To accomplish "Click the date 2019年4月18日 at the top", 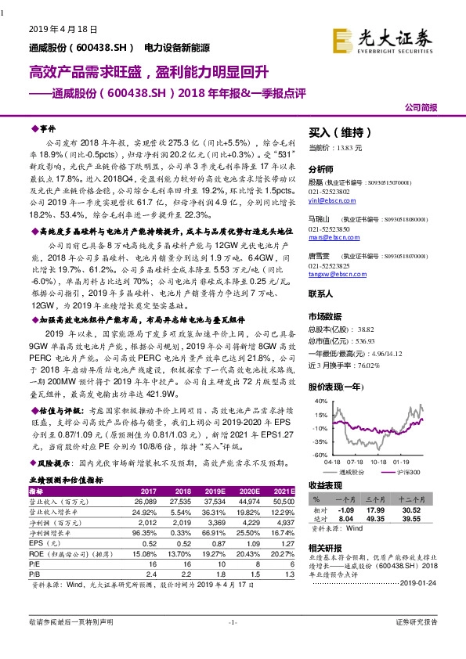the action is click(x=63, y=28).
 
